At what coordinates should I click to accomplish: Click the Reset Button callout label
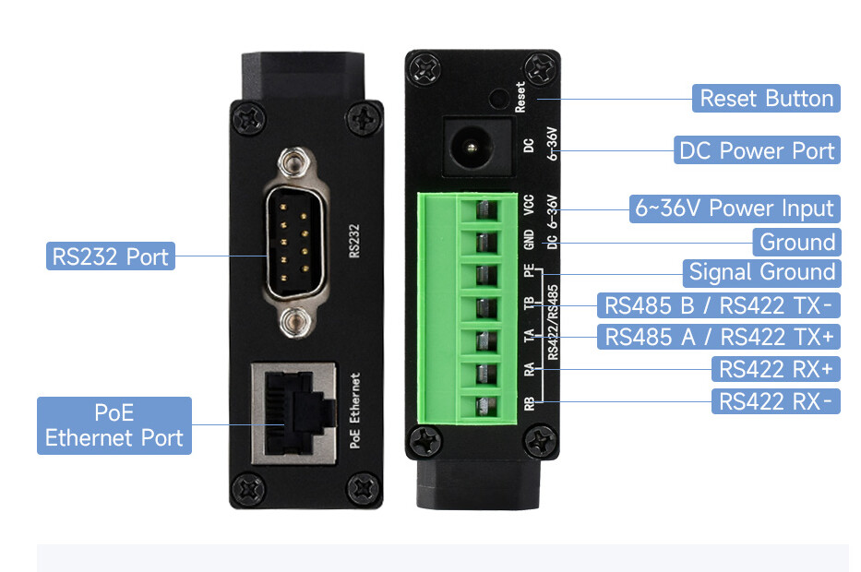(x=766, y=99)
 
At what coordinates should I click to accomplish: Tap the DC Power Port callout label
(x=757, y=150)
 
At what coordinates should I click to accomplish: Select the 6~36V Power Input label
(x=734, y=209)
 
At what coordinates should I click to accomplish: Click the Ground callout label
(x=796, y=243)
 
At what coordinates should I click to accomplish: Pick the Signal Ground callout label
(x=761, y=272)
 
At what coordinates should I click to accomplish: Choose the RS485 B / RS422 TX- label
(x=718, y=305)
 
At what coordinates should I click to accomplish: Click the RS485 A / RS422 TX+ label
(x=718, y=337)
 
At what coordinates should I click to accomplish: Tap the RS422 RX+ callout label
(x=776, y=370)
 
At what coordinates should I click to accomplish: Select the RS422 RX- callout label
(x=776, y=401)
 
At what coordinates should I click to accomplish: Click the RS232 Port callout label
(x=111, y=256)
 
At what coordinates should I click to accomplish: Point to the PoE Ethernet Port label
(x=114, y=425)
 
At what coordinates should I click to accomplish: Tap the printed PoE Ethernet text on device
(x=356, y=411)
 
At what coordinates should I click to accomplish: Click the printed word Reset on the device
(x=520, y=97)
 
